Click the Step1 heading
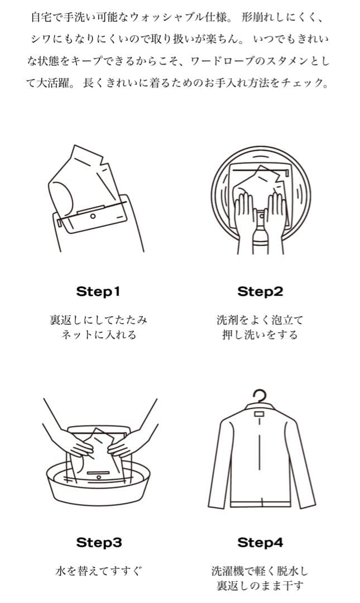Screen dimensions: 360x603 tap(98, 291)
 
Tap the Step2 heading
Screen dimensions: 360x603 tap(260, 291)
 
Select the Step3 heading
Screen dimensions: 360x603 tap(99, 543)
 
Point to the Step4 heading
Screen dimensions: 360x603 tap(260, 543)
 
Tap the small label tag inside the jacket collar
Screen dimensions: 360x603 tap(260, 413)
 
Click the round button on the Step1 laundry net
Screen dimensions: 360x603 tap(93, 217)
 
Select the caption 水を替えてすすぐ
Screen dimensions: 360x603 tap(98, 571)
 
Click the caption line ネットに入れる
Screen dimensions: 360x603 tap(98, 334)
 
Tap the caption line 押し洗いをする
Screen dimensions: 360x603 tap(260, 334)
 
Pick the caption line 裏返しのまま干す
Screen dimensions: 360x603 tap(260, 586)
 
